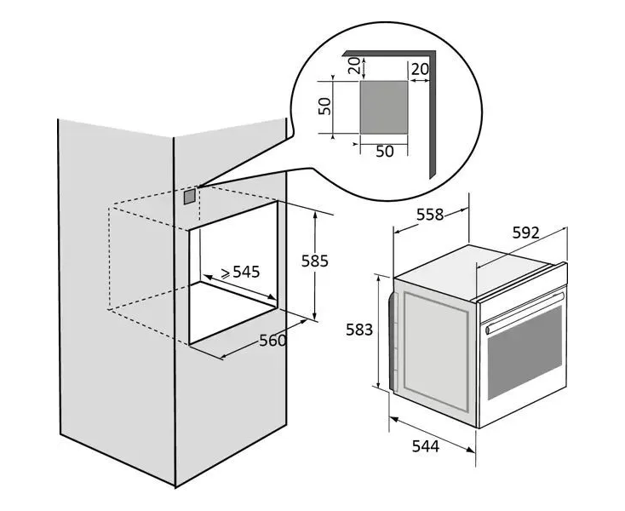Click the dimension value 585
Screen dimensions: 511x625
pyautogui.click(x=314, y=261)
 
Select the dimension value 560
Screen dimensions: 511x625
pyautogui.click(x=272, y=340)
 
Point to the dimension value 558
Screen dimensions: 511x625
pyautogui.click(x=429, y=215)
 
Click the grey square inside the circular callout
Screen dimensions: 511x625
pyautogui.click(x=383, y=107)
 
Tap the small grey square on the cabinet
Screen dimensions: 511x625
pyautogui.click(x=188, y=195)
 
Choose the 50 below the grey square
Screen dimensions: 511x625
pyautogui.click(x=384, y=151)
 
